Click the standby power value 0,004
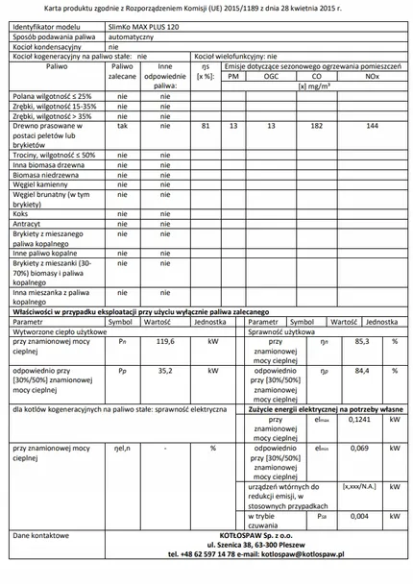point(359,516)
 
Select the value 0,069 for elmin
point(359,449)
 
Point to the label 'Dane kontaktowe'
point(41,533)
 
